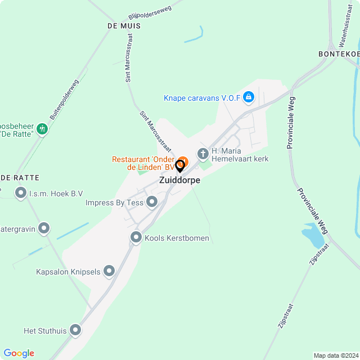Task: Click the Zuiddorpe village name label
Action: click(x=179, y=181)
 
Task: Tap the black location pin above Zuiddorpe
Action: click(x=180, y=166)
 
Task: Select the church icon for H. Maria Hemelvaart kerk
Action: click(x=202, y=154)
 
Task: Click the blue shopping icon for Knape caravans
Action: click(x=249, y=97)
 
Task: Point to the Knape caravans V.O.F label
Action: click(x=202, y=98)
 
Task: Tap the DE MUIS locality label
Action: click(x=123, y=26)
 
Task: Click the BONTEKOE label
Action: click(x=338, y=53)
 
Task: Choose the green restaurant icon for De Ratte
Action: click(x=42, y=130)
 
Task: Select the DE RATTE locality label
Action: click(x=20, y=178)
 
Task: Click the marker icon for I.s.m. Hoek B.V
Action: click(x=21, y=194)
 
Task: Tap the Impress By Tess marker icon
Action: click(x=151, y=202)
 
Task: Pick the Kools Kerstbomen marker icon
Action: click(x=136, y=238)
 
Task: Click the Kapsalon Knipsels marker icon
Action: click(x=109, y=272)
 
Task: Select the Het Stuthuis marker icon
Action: click(x=75, y=330)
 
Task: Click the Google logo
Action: click(x=19, y=353)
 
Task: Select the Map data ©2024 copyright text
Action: click(x=336, y=355)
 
